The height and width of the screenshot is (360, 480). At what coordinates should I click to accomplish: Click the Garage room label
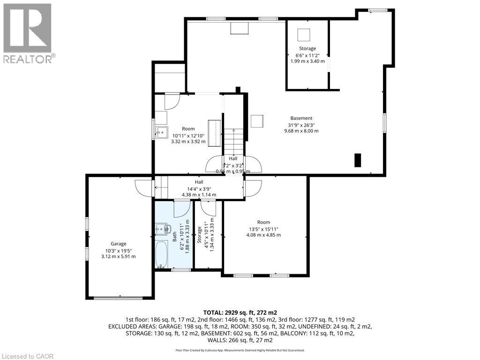click(119, 243)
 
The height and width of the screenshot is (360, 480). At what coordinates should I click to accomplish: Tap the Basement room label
click(301, 118)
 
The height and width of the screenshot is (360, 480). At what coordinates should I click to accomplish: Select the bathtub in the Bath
click(162, 255)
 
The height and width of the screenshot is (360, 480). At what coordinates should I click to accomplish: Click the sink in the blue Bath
click(164, 229)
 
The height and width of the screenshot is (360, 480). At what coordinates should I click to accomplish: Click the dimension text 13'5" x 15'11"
click(263, 229)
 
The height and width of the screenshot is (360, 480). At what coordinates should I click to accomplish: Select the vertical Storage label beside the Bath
click(200, 234)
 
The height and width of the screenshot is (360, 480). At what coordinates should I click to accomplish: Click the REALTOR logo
click(28, 33)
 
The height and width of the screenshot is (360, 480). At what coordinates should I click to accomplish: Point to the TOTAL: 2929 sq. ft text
click(240, 312)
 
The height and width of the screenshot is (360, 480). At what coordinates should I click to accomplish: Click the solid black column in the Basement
click(358, 160)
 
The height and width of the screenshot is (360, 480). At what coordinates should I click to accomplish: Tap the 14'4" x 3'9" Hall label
click(199, 188)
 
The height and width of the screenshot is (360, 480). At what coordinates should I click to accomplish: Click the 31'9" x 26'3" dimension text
click(301, 125)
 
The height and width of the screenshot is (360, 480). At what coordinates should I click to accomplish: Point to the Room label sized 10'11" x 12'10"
click(188, 128)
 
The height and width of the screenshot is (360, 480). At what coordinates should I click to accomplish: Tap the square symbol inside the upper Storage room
click(305, 35)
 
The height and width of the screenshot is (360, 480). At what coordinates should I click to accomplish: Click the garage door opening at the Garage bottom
click(120, 297)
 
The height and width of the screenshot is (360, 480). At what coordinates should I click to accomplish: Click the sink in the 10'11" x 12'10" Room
click(161, 132)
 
